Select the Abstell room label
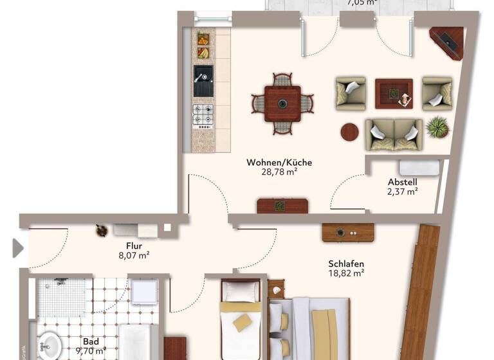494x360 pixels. coord(403,181)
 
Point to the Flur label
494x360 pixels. coord(134,245)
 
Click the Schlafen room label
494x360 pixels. coord(346,264)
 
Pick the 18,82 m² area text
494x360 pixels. coord(346,273)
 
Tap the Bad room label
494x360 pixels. coord(91,342)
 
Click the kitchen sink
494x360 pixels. coord(203,81)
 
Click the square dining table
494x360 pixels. coord(282,104)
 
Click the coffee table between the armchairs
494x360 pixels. coord(394,94)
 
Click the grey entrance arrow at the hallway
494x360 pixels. coord(18,248)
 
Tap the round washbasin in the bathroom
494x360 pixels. coord(50,345)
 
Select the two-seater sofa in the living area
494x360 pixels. coord(394,134)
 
